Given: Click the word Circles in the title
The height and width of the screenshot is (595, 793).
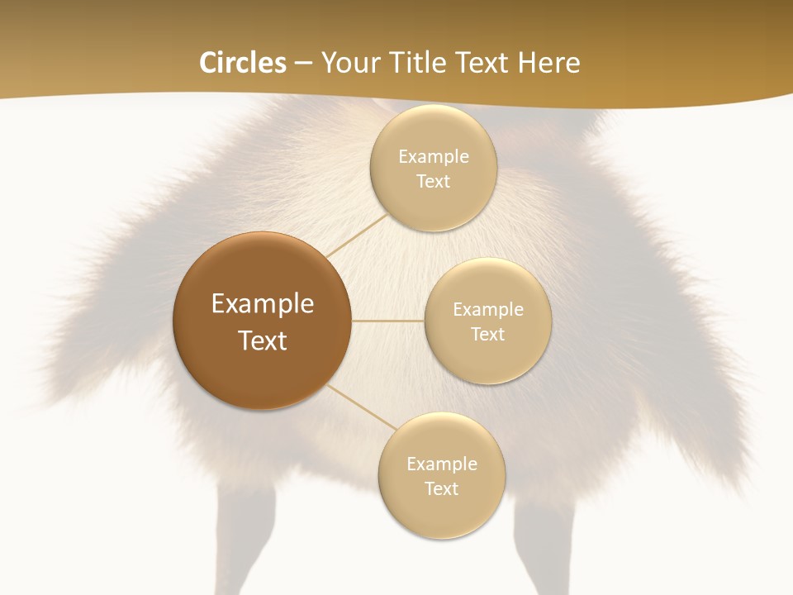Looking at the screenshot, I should click(243, 63).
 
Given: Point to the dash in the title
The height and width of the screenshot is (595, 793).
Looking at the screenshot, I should click(302, 64).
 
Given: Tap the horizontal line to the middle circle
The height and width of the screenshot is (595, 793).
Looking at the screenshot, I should click(388, 321).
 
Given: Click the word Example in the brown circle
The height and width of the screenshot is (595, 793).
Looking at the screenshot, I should click(262, 304).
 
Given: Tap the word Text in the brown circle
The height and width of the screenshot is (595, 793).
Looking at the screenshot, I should click(262, 340).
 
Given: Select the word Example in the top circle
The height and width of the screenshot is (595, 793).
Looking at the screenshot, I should click(433, 157).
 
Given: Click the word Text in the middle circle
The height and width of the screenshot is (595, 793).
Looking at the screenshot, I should click(487, 334).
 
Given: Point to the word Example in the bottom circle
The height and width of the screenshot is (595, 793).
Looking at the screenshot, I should click(441, 464).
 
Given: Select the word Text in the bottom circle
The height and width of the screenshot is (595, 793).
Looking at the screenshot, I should click(441, 489).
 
